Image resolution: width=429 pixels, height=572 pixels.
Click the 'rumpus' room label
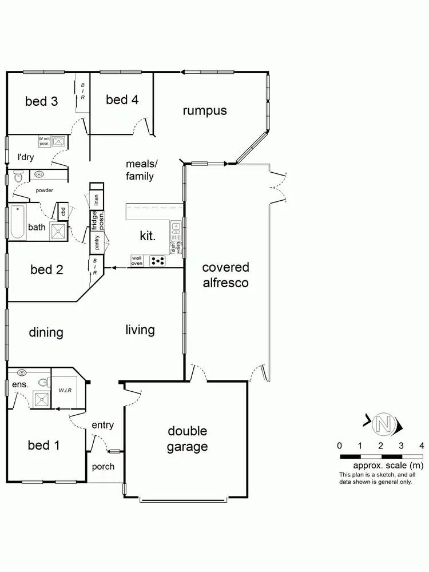pos(205,110)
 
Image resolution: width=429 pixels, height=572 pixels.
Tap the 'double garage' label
pos(187,439)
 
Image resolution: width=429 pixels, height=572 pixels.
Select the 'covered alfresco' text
pos(225,275)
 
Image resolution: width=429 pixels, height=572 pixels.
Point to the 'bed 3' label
pos(41,102)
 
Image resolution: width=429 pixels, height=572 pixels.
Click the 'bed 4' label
pos(122,100)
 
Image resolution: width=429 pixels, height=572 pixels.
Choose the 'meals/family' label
pos(141,170)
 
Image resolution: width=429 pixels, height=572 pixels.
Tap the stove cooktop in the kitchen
pos(157,261)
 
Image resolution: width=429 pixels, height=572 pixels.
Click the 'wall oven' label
pos(137,261)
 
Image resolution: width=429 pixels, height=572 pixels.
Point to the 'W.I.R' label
pos(65,391)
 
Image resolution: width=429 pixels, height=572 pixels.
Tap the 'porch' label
pos(103,467)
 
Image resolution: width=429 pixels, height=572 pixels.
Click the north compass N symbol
pos(383,425)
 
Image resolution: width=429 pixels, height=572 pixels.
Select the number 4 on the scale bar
pos(422,446)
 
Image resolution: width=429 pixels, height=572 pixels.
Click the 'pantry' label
pos(97,243)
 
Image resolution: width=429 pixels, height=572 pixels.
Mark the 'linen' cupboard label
pos(97,200)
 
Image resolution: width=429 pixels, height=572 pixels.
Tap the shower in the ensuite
pos(41,399)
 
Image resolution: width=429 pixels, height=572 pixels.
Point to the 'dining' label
pos(46,333)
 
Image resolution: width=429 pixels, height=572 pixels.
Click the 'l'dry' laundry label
pos(25,157)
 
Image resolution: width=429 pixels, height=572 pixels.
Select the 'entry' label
pos(102,425)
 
